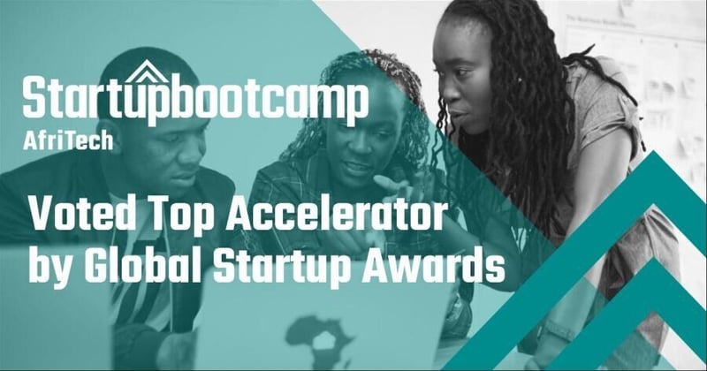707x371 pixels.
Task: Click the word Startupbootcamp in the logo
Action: tap(194, 99)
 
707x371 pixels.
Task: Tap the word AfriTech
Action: tap(68, 140)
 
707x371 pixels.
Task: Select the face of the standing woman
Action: tap(473, 71)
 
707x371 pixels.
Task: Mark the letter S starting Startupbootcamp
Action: tap(35, 99)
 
